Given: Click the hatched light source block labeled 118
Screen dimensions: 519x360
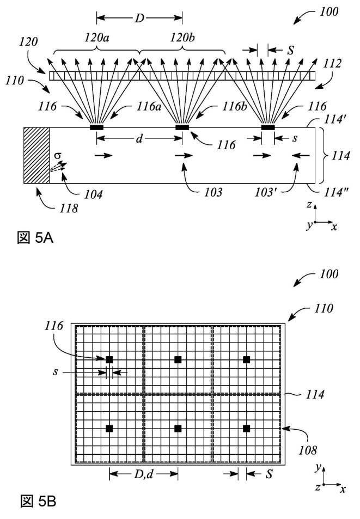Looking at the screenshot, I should click(x=36, y=155).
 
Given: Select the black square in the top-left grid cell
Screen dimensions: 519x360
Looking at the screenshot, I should click(x=109, y=359).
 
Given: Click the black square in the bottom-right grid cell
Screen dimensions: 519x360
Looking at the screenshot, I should click(x=246, y=429).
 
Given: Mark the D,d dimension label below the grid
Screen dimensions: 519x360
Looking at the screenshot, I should click(x=144, y=474).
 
